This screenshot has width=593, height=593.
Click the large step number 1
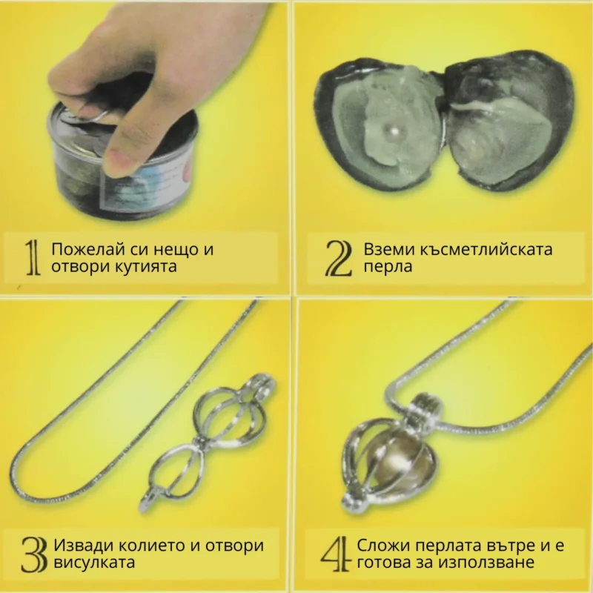33,257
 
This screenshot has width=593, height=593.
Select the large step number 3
33,554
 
